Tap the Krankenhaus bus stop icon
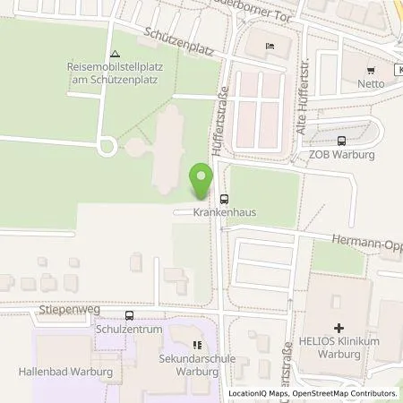click(223, 200)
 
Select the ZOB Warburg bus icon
click(341, 140)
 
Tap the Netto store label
click(371, 83)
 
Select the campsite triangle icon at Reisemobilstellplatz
click(115, 54)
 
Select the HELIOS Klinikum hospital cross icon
click(339, 329)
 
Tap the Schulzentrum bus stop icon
click(131, 315)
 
